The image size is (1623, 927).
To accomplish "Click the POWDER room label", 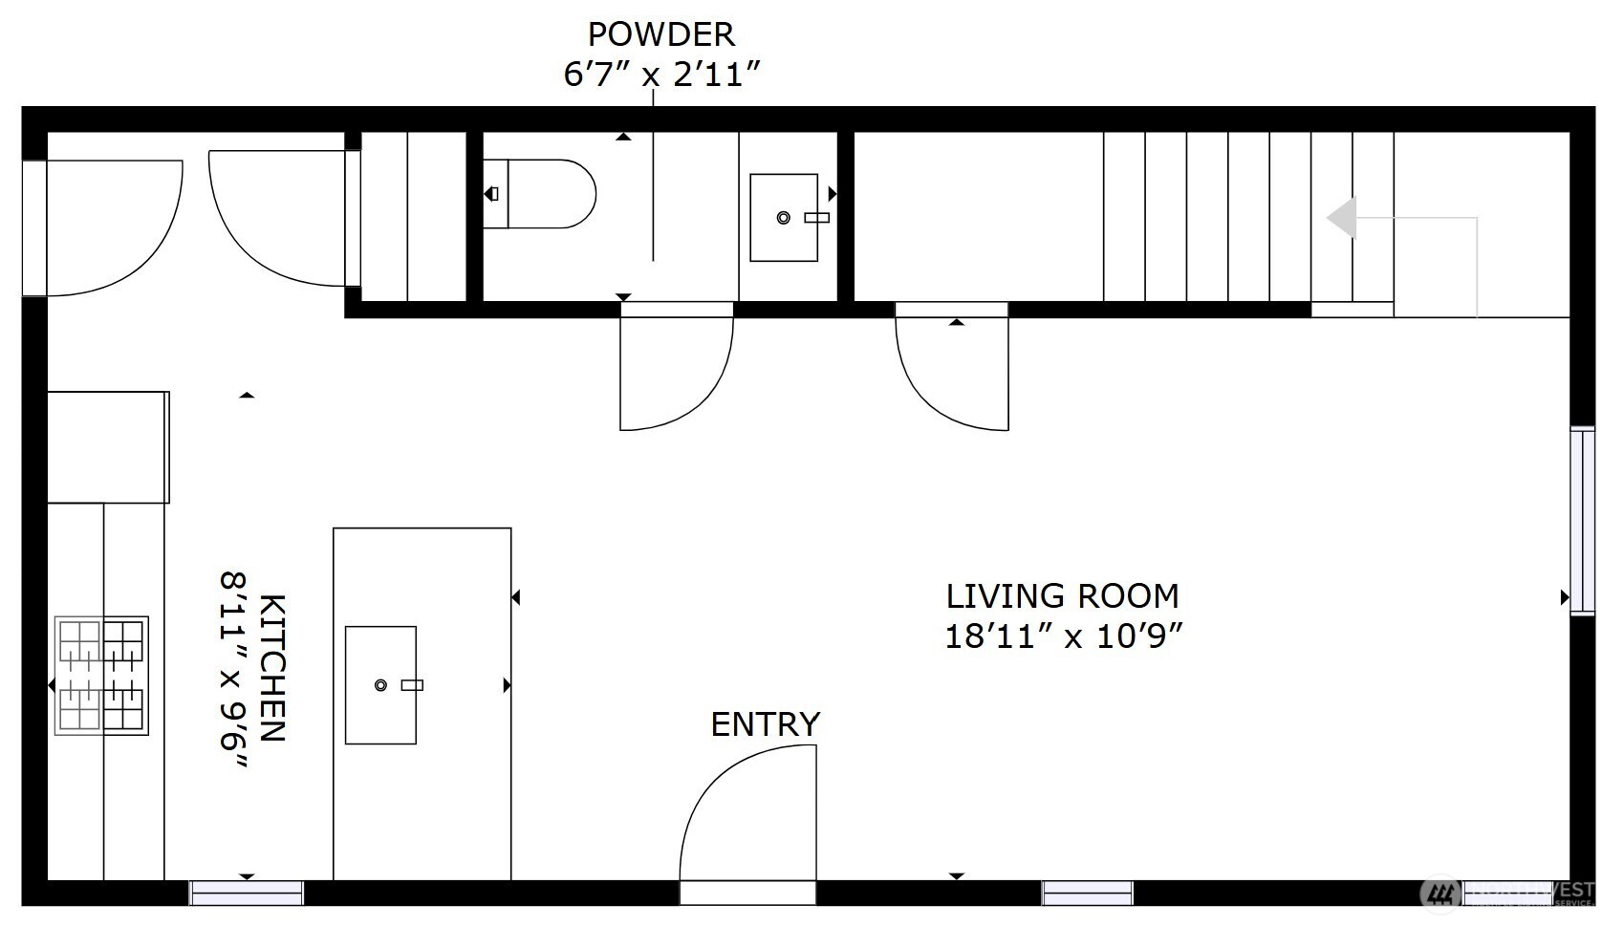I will [660, 34].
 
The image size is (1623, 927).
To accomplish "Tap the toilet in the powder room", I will [550, 194].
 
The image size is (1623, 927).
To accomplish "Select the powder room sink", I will [784, 218].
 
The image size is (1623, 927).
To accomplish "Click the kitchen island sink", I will [380, 685].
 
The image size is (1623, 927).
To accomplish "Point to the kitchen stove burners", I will [101, 676].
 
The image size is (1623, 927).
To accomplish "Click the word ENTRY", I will [765, 724].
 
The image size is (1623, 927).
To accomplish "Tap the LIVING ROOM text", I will [1062, 596].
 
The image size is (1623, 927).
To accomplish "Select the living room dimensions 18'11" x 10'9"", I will [1064, 636].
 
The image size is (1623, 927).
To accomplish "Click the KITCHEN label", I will [272, 668].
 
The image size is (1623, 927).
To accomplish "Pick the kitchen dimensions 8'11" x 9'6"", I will [234, 668].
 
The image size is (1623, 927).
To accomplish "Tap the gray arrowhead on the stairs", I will [1342, 218].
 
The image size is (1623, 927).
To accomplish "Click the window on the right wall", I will [1583, 521].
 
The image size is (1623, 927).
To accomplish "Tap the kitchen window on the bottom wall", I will [247, 893].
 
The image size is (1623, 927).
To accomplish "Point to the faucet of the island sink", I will [412, 685].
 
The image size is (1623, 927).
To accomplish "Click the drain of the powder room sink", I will [784, 218].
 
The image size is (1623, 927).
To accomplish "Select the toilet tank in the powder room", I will [495, 194].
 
